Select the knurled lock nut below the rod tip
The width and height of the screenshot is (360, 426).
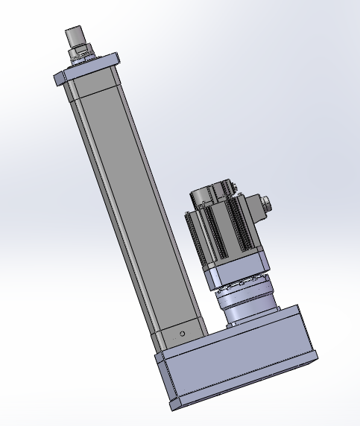[80, 52]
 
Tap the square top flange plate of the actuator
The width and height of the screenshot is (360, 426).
[89, 66]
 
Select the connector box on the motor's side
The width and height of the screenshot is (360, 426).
[253, 209]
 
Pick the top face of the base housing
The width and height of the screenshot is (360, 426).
[224, 335]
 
